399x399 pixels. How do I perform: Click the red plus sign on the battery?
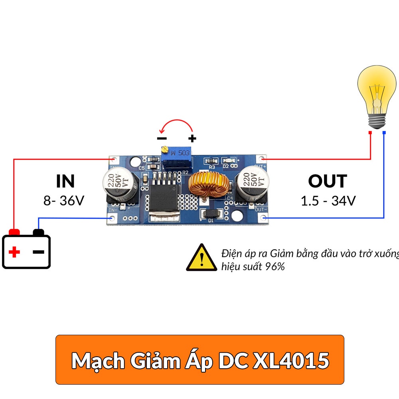14,252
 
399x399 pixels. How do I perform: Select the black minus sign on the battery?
38,252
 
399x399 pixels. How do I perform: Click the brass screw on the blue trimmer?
164,150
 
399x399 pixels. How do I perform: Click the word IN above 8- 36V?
65,181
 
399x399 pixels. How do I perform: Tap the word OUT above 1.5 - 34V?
328,181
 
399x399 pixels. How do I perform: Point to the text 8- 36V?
64,200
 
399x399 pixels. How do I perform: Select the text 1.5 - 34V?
328,200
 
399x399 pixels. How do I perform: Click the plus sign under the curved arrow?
192,138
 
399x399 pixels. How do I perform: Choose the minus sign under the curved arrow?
162,138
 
